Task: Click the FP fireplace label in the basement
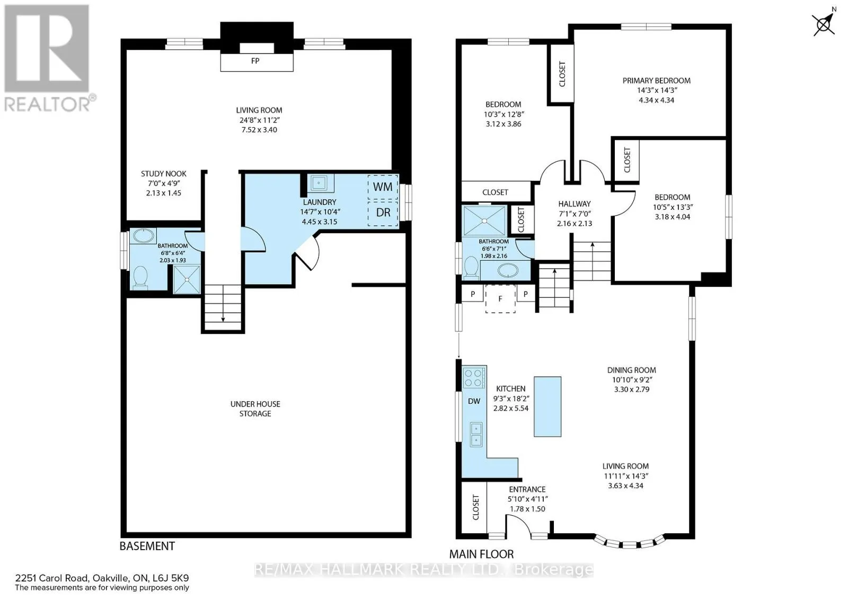click(x=255, y=60)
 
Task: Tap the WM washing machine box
click(x=383, y=187)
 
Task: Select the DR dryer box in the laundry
click(x=383, y=213)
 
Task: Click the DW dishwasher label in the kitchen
click(x=474, y=401)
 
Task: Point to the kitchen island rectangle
click(x=547, y=407)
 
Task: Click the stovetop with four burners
click(x=474, y=377)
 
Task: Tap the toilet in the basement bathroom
click(x=140, y=277)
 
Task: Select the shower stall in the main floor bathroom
click(x=484, y=220)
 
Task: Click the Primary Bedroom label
click(x=657, y=81)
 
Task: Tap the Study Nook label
click(x=164, y=174)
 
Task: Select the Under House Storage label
click(x=255, y=409)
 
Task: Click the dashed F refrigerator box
click(x=500, y=299)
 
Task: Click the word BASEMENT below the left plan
click(x=147, y=546)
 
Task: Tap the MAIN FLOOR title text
click(x=482, y=554)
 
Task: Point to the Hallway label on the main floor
click(x=575, y=204)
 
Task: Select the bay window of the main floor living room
click(x=630, y=542)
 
